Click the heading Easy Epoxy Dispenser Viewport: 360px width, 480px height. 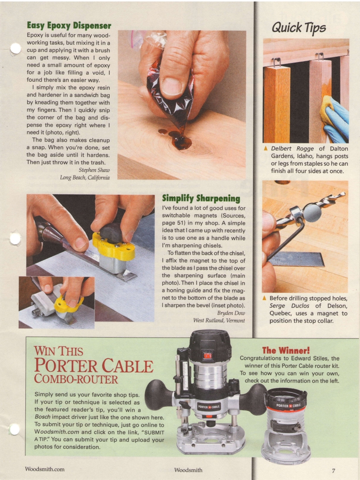(69, 25)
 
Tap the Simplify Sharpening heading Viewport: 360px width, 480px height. (201, 198)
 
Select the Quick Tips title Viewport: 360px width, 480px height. (299, 28)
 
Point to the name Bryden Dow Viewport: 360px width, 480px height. (229, 313)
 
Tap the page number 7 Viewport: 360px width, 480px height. (333, 470)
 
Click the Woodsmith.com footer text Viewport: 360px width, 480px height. (45, 469)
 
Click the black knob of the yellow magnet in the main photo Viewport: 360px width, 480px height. (111, 232)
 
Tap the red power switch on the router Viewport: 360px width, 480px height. (207, 355)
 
